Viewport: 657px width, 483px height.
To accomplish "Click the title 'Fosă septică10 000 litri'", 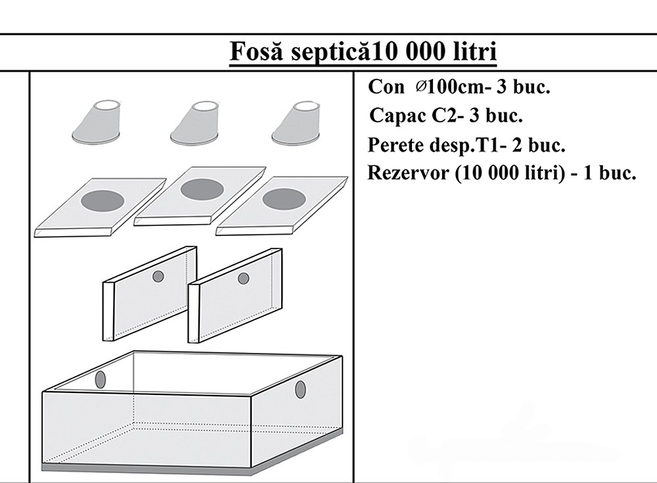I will pyautogui.click(x=362, y=51).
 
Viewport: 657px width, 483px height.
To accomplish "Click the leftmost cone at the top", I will pyautogui.click(x=97, y=123).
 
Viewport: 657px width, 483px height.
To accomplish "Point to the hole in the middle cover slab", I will pyautogui.click(x=200, y=190).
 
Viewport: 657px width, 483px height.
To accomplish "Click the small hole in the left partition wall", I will pyautogui.click(x=158, y=277).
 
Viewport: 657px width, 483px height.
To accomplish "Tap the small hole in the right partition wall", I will pyautogui.click(x=243, y=279).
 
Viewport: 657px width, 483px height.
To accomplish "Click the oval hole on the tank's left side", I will pyautogui.click(x=101, y=379).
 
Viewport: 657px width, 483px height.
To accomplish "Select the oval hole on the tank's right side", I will pyautogui.click(x=301, y=389).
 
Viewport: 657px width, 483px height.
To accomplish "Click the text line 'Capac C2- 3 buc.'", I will pyautogui.click(x=446, y=116).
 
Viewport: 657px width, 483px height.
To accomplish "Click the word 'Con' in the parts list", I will pyautogui.click(x=383, y=87).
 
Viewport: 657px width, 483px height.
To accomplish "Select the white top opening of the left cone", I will pyautogui.click(x=108, y=105).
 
